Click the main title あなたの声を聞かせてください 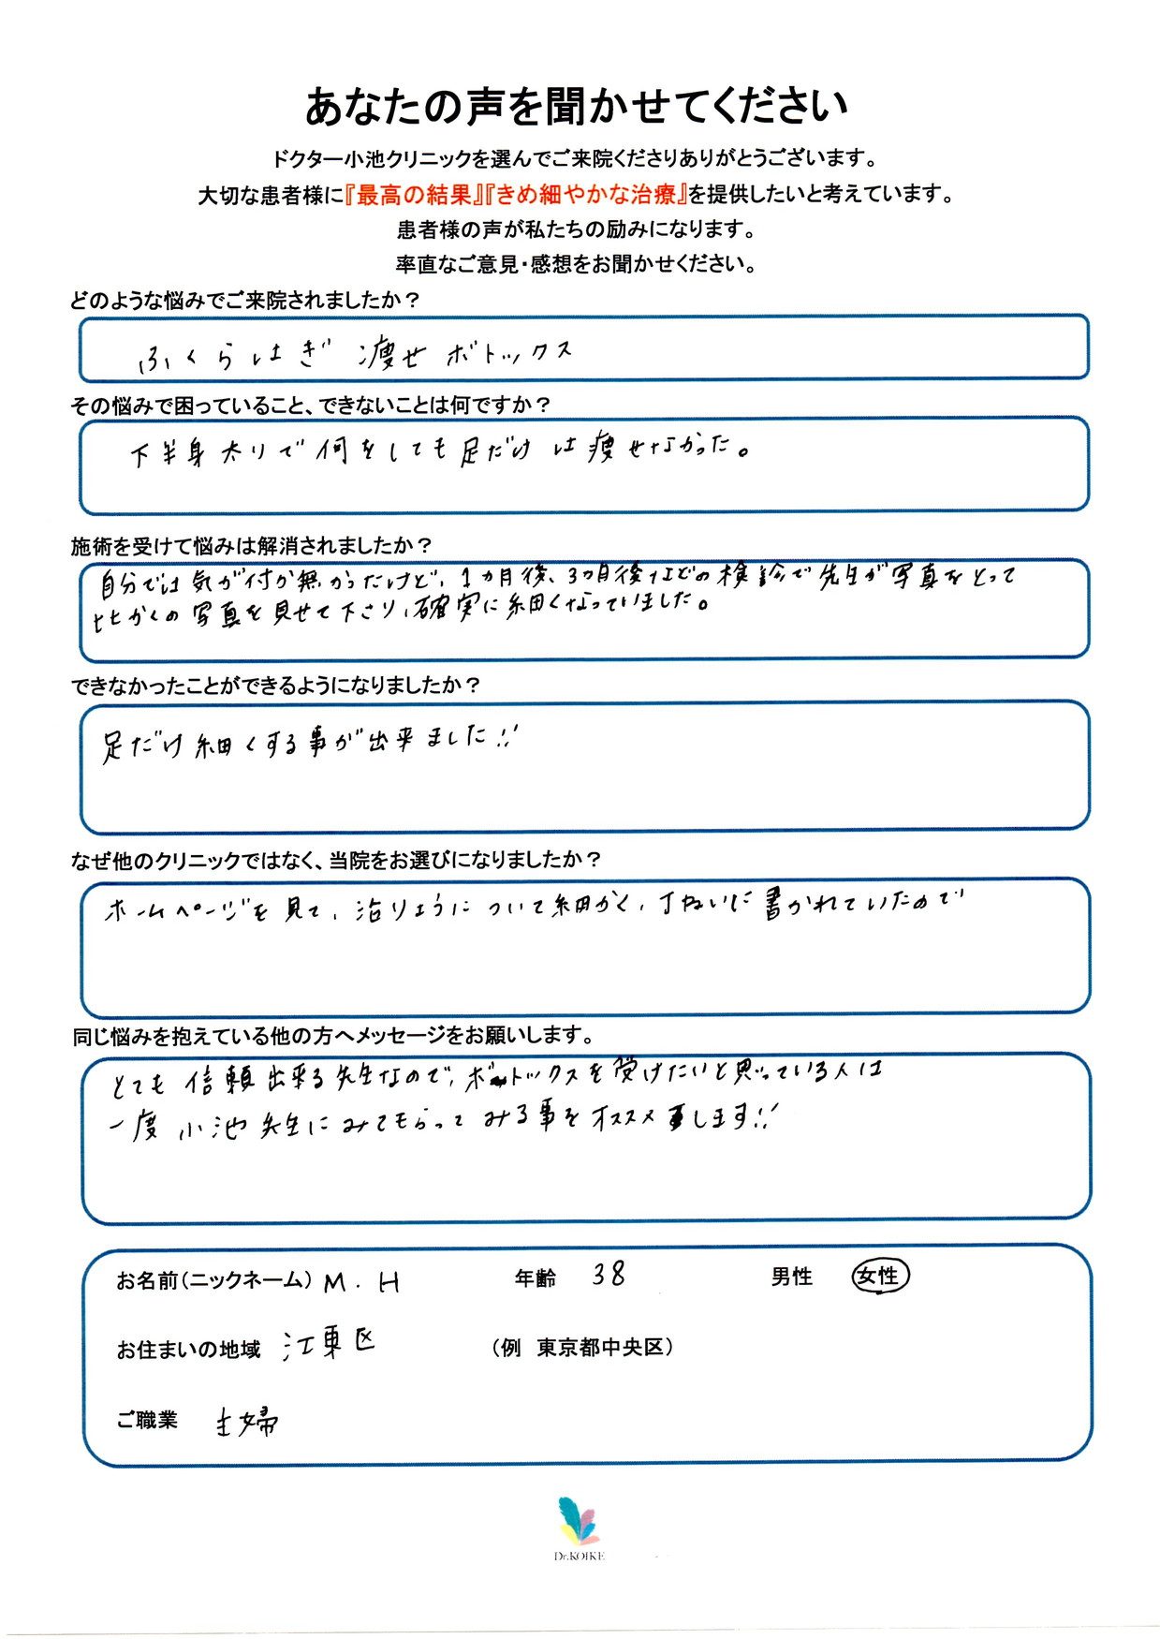(576, 107)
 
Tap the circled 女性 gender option (879, 1276)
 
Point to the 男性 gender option (791, 1277)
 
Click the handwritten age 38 (609, 1274)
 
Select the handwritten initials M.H (361, 1282)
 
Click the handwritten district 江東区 (330, 1346)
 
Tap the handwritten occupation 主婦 (246, 1423)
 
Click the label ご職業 (147, 1420)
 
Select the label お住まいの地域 (188, 1350)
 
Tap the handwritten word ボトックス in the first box (508, 353)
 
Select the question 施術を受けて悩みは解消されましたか (251, 545)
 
